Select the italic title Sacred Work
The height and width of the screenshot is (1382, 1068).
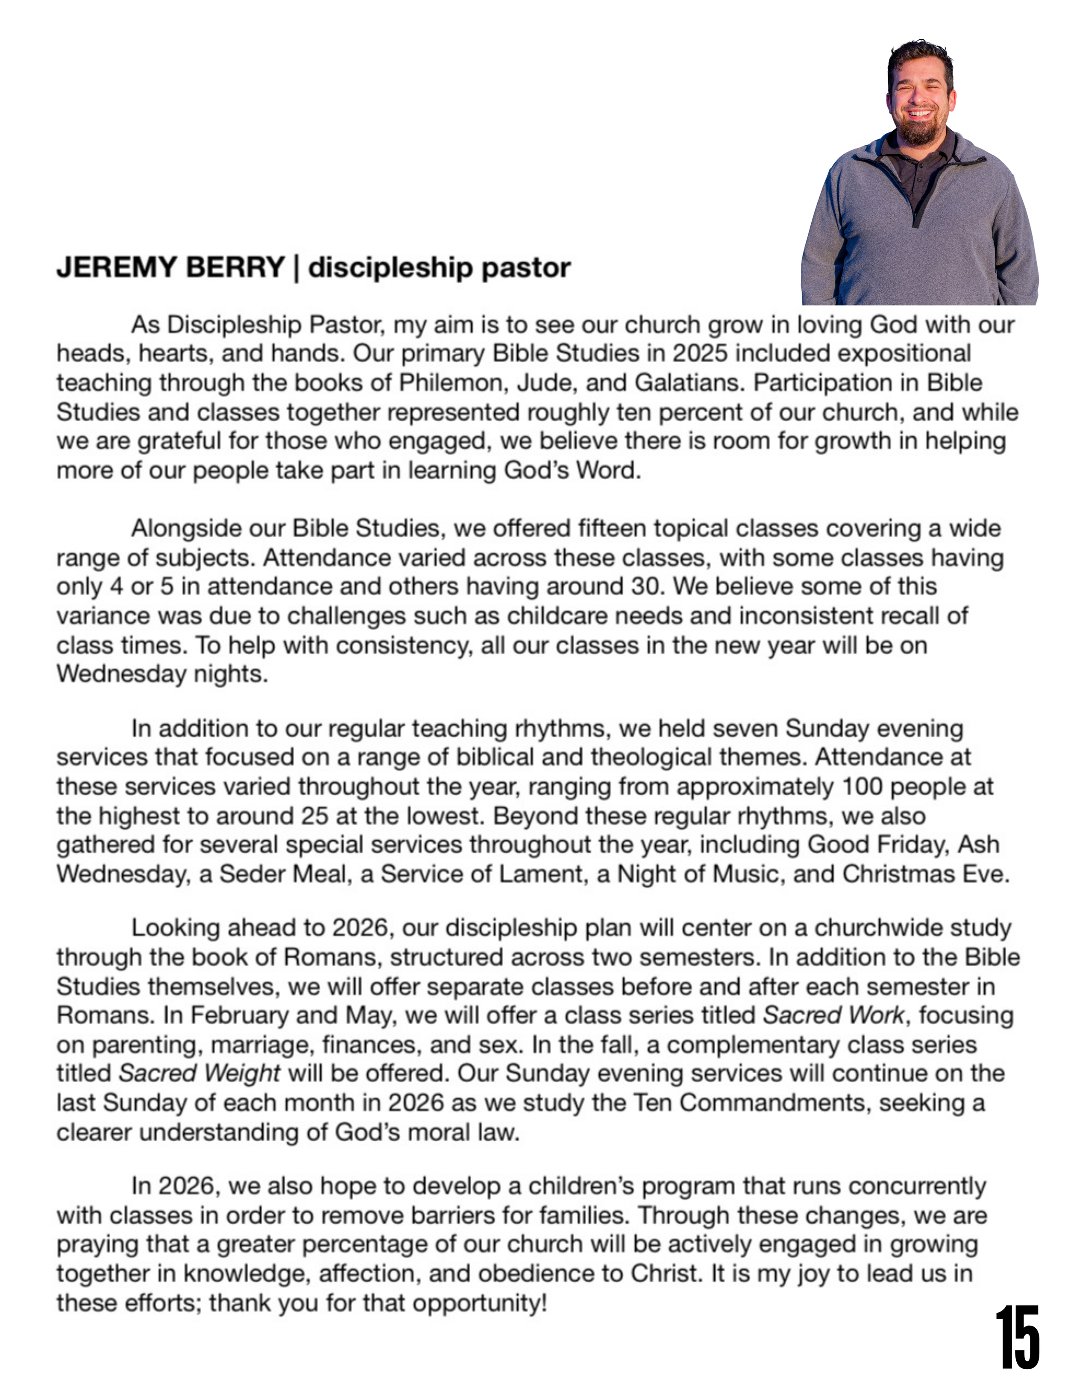coord(834,1015)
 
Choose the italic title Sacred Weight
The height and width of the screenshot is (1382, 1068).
coord(200,1074)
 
